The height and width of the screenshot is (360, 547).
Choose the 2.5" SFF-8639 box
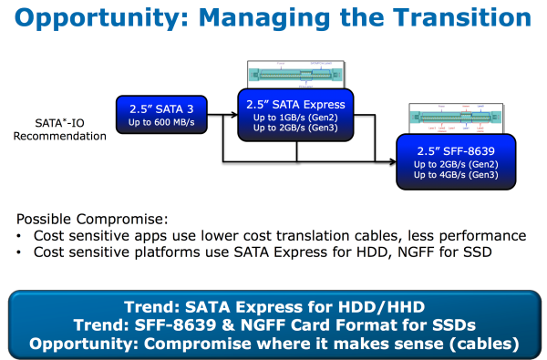456,160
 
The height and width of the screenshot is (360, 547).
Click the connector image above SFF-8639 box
456,118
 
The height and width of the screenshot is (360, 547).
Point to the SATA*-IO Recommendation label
61,129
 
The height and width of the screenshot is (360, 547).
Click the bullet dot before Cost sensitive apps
21,235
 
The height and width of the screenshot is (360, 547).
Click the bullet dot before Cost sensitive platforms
21,251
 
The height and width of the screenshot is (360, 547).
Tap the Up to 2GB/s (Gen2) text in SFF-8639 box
456,162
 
